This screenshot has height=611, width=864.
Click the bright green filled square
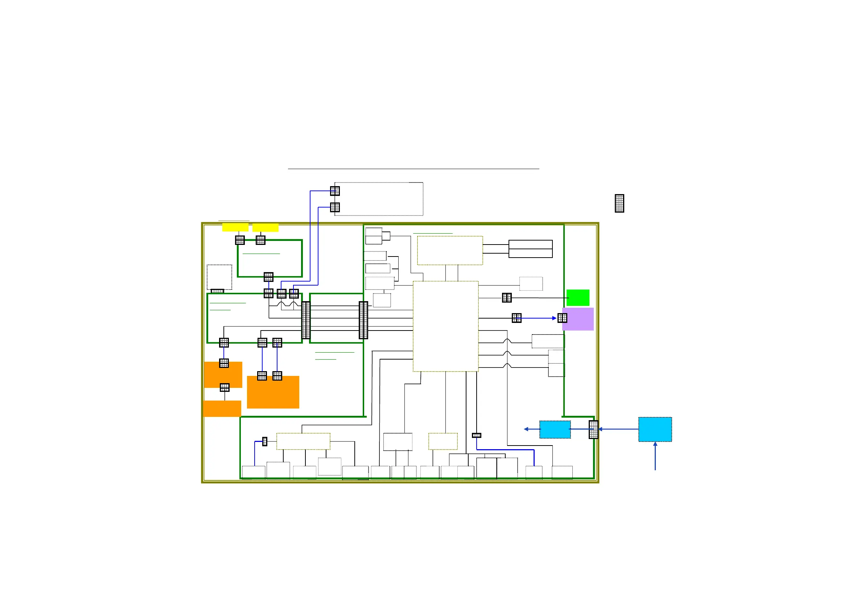(x=577, y=298)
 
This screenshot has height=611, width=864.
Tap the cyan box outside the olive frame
(x=655, y=429)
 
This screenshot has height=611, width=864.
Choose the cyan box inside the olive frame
(x=555, y=430)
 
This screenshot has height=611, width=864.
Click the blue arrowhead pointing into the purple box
(x=554, y=318)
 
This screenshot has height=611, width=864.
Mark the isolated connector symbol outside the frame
(x=620, y=203)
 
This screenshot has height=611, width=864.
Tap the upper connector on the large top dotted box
(x=335, y=191)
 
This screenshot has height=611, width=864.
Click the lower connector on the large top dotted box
(x=335, y=207)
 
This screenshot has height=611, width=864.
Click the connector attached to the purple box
(x=562, y=318)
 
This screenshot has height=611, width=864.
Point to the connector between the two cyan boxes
(x=593, y=430)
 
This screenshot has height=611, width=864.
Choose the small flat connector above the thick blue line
(x=476, y=435)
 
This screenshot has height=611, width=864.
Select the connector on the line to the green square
(x=507, y=298)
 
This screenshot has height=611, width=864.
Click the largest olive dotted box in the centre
(x=445, y=326)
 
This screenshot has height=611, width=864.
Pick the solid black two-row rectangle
(x=530, y=249)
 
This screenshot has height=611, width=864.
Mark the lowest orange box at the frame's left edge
(x=222, y=409)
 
